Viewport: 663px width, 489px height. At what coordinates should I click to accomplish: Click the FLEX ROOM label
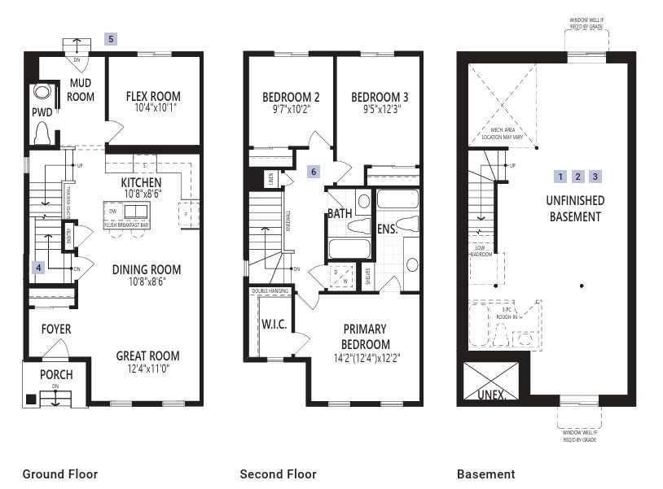click(153, 97)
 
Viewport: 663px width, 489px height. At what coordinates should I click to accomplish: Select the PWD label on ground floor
click(42, 111)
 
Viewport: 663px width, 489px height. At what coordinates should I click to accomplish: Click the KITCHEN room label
click(141, 182)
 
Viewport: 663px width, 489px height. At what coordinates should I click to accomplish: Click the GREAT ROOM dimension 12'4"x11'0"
click(147, 369)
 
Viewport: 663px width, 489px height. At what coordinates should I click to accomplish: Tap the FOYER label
click(56, 330)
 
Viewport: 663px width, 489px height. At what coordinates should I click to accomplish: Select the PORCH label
click(56, 375)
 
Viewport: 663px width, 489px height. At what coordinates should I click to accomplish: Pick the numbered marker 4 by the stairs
click(37, 267)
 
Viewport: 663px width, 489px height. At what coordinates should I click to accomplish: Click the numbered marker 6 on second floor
click(314, 172)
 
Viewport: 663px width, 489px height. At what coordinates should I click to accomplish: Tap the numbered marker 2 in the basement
click(577, 177)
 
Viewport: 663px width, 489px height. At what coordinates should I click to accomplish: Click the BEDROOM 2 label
click(290, 97)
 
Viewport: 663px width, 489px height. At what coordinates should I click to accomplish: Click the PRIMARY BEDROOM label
click(366, 336)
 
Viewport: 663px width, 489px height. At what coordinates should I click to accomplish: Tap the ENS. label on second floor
click(386, 229)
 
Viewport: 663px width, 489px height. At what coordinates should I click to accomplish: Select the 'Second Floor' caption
click(278, 474)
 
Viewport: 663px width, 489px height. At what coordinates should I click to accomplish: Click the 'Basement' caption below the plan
click(485, 474)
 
